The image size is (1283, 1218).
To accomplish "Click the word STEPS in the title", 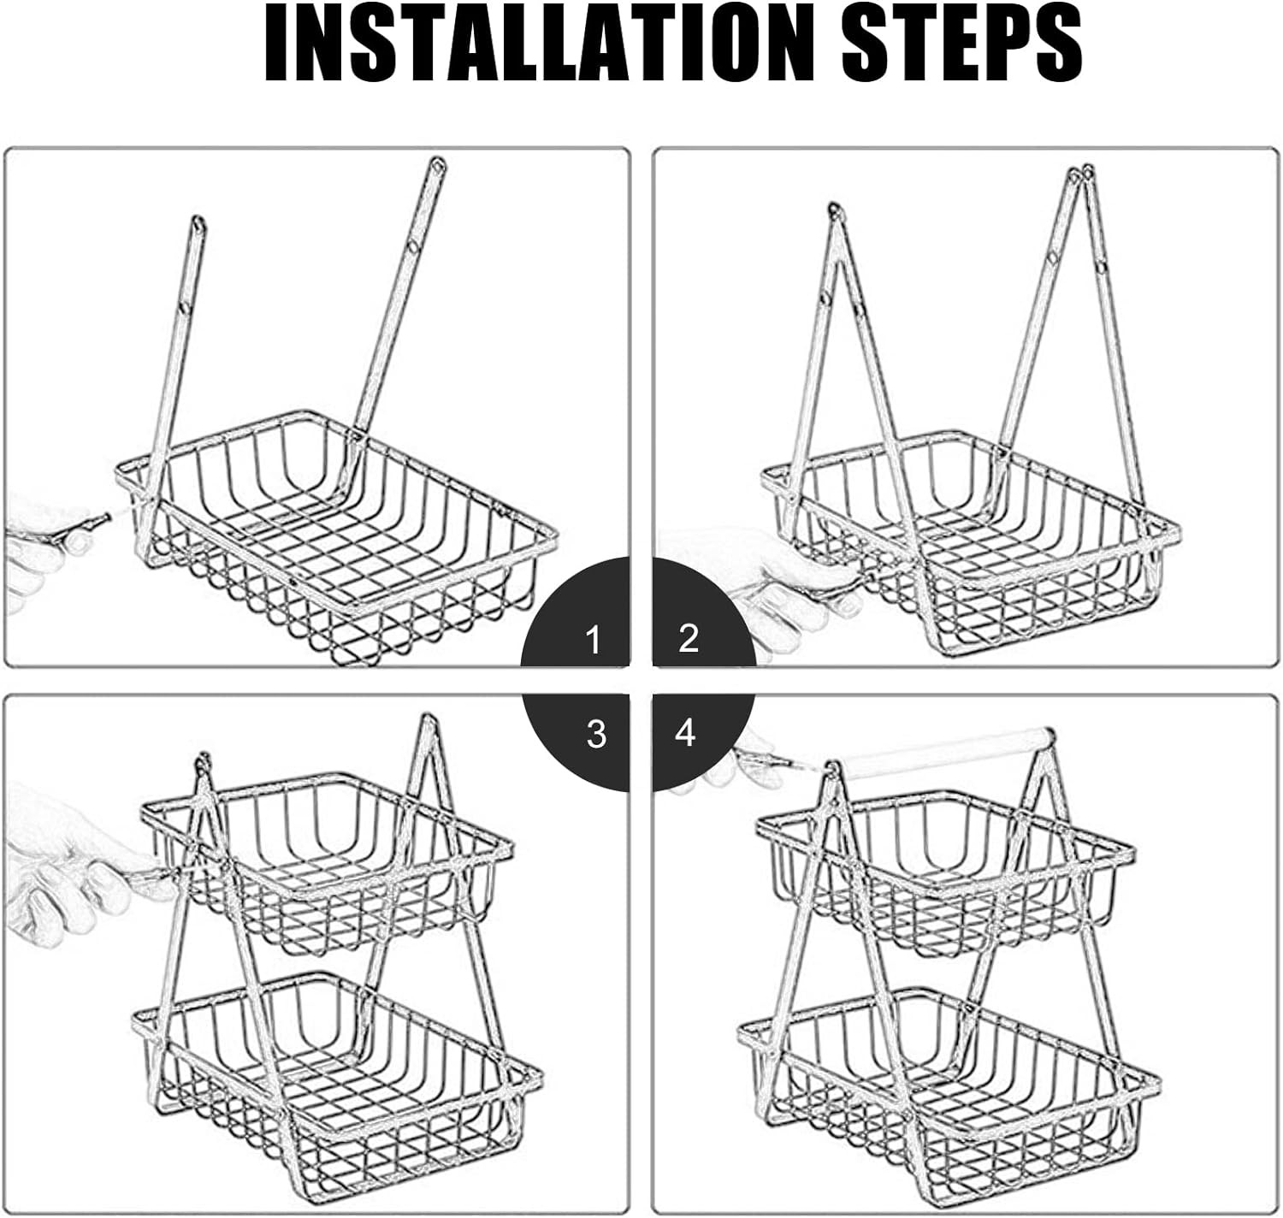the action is coord(962,44).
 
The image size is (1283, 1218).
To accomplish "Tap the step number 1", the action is coord(593,640).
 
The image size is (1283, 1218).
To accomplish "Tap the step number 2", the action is coord(689,638).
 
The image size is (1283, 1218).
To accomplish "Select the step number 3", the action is coord(596,734).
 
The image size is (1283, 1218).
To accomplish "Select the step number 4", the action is coord(684,733).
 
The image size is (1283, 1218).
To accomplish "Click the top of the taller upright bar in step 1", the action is coord(437,168).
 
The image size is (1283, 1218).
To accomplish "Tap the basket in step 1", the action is coord(336,536).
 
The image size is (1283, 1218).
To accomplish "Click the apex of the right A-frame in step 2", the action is coord(1080,172).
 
